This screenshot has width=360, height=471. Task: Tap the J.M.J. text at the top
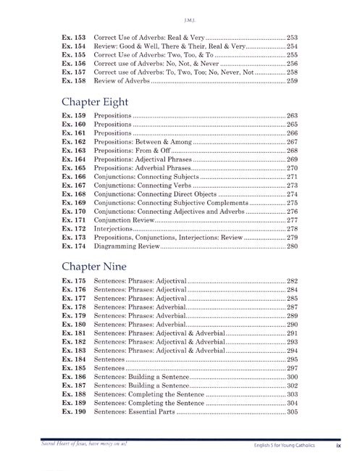point(180,10)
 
